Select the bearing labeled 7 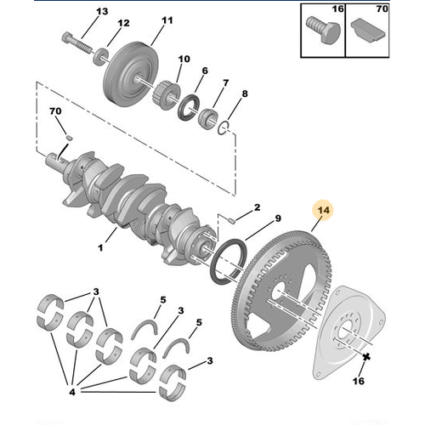[223, 128]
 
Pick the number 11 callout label [166, 20]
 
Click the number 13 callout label [102, 11]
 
